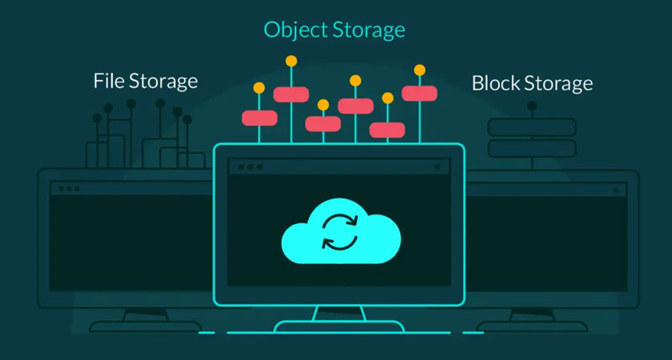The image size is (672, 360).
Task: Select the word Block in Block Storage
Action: click(495, 82)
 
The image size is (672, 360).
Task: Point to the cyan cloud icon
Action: click(342, 230)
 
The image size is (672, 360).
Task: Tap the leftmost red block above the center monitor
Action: click(259, 118)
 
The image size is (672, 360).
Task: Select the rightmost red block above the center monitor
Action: click(419, 93)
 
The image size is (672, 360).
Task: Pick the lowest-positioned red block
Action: click(387, 130)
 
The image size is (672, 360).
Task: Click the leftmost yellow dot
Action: click(258, 88)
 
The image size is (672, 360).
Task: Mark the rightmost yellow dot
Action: click(419, 70)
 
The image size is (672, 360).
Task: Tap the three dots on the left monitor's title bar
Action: click(67, 189)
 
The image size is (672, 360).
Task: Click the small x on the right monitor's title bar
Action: click(614, 190)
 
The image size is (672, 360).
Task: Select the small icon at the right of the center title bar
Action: click(437, 167)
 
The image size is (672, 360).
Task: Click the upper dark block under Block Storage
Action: click(532, 126)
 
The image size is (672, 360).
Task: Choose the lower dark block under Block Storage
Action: click(532, 148)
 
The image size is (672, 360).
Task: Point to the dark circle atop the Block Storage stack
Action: click(532, 106)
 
